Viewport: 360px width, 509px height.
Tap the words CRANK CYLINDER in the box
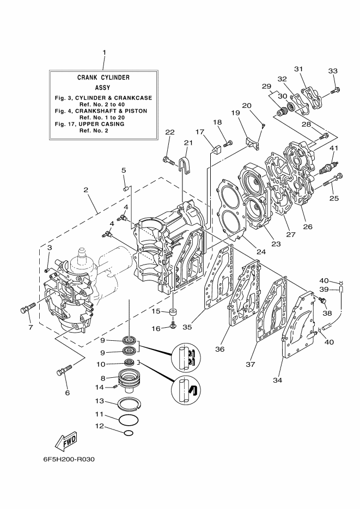(x=103, y=78)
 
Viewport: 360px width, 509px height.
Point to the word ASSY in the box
(x=103, y=88)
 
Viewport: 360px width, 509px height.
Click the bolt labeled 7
(x=27, y=308)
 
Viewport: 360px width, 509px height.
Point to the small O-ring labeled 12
(x=129, y=433)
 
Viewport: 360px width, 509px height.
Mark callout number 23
(x=276, y=244)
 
